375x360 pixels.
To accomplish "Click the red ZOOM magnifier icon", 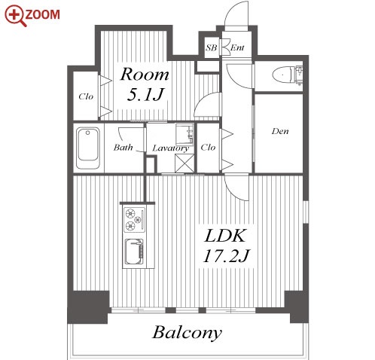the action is click(x=16, y=16).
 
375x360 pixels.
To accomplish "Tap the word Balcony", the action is click(x=187, y=333).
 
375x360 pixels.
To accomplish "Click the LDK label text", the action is click(x=224, y=236).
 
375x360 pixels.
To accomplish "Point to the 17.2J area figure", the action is click(x=226, y=256).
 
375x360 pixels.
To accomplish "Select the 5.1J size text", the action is click(x=145, y=95).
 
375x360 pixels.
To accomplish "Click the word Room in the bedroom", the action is click(x=145, y=75).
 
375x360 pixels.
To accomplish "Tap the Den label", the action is click(x=280, y=131).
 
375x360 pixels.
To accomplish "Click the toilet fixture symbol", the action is click(x=288, y=75).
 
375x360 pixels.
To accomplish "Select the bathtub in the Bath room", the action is click(x=87, y=148).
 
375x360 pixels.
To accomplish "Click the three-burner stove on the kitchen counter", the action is click(x=135, y=219).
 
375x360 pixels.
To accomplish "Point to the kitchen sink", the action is click(x=134, y=252).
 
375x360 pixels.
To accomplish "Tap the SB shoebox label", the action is click(x=211, y=47).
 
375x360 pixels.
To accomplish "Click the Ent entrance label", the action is click(x=237, y=47).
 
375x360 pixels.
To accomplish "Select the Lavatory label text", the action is click(x=171, y=148).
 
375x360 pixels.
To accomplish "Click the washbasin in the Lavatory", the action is click(x=184, y=134).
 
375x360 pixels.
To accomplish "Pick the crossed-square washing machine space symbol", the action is click(x=184, y=163).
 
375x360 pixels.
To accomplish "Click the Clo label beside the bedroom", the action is click(x=86, y=96).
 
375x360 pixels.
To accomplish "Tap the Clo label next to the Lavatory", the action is click(x=208, y=147).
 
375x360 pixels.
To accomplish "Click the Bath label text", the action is click(x=123, y=147).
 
